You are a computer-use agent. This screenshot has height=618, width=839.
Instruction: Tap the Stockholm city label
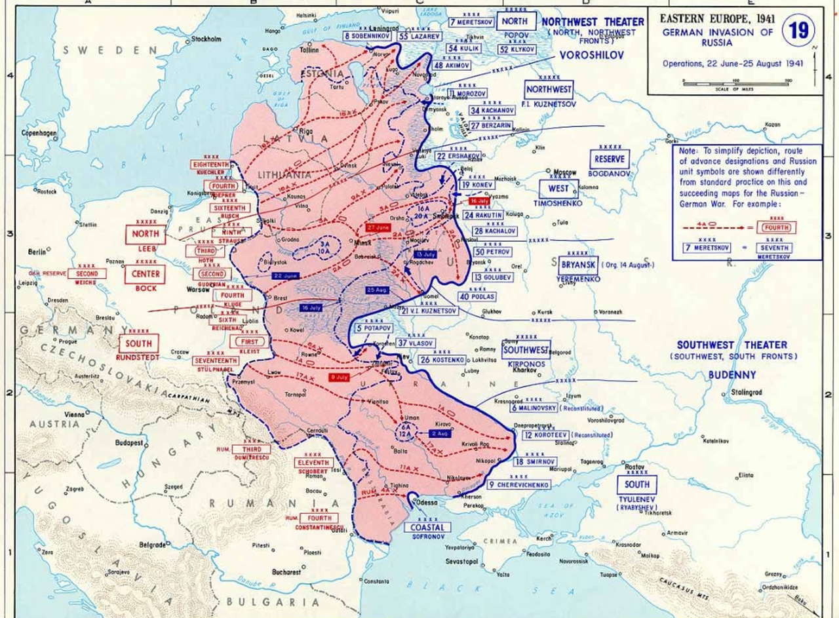click(x=206, y=39)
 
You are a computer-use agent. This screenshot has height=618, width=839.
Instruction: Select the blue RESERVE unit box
click(x=609, y=159)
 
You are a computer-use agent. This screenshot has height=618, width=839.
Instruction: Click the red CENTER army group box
click(x=145, y=273)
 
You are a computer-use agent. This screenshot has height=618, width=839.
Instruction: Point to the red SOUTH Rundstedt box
click(x=138, y=343)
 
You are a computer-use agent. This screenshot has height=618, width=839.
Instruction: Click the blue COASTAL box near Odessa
click(x=427, y=527)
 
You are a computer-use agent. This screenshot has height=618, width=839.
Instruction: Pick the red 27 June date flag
click(x=379, y=227)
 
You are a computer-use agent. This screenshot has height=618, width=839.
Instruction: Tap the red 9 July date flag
click(x=339, y=377)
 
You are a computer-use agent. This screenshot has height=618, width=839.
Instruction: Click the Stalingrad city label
click(x=745, y=394)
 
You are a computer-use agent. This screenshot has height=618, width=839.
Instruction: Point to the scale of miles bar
click(x=735, y=83)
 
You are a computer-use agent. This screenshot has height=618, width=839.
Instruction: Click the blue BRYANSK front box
click(x=577, y=265)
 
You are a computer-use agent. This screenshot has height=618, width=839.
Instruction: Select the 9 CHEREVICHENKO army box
click(x=518, y=485)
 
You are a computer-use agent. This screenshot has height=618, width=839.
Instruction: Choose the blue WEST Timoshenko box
click(x=558, y=189)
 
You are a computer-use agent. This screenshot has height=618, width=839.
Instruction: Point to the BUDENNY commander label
click(x=732, y=375)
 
